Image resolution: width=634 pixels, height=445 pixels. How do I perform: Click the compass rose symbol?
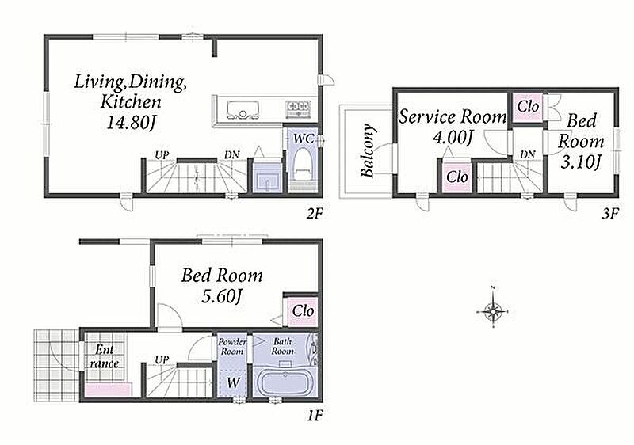tap(493, 311)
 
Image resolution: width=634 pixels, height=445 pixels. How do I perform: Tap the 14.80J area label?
tap(131, 122)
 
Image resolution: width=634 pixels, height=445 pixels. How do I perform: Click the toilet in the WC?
tap(302, 165)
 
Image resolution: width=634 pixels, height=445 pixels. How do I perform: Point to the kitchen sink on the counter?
tap(243, 109)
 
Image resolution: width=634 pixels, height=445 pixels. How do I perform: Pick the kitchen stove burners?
tap(299, 108)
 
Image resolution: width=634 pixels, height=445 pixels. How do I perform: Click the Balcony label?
tap(368, 150)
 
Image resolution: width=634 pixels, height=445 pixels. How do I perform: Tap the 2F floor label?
tap(314, 213)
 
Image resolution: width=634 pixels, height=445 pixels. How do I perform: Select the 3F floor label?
tap(609, 213)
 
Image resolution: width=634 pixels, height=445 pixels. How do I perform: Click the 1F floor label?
tap(315, 415)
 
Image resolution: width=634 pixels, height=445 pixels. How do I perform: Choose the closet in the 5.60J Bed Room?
tap(303, 311)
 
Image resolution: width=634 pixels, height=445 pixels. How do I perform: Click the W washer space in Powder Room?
tap(232, 382)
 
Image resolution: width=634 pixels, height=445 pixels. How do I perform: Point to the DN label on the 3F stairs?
tap(527, 154)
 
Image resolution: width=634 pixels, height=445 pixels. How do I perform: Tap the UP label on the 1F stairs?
tap(162, 359)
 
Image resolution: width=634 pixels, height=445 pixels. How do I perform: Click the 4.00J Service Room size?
tap(453, 138)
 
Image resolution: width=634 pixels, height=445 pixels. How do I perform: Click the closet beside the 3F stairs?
tap(457, 177)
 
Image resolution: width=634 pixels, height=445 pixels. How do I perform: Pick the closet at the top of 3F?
tap(528, 107)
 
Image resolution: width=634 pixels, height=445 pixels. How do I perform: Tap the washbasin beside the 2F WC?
tap(266, 177)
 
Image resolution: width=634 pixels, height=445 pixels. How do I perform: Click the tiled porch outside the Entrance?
tap(55, 365)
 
